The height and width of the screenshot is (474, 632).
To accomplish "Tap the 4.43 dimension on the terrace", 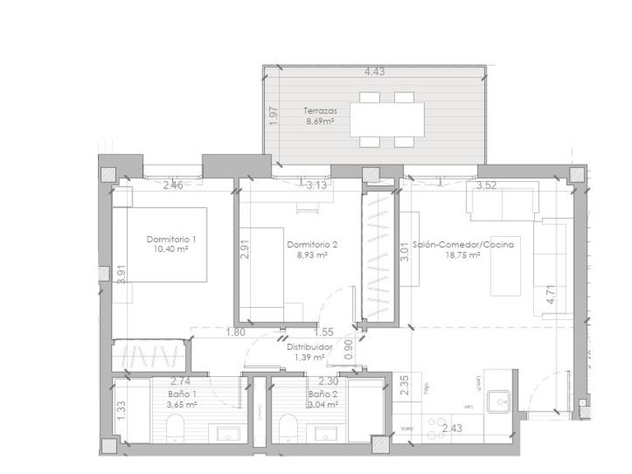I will tap(375, 72).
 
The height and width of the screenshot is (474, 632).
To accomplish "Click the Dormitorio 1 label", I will tap(172, 239).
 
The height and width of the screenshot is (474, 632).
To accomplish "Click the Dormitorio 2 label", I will tap(312, 245).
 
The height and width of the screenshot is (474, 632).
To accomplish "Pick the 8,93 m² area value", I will tap(312, 255).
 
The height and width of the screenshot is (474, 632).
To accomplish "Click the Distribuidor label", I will tap(309, 347).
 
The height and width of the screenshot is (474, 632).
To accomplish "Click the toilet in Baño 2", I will tap(287, 428).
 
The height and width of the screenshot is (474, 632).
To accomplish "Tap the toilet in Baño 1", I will tap(175, 428).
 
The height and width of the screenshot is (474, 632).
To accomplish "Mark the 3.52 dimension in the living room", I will tap(487, 186).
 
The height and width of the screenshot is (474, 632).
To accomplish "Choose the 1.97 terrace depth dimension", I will tap(273, 117).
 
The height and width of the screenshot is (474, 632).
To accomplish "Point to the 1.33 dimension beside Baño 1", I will tap(121, 409).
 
